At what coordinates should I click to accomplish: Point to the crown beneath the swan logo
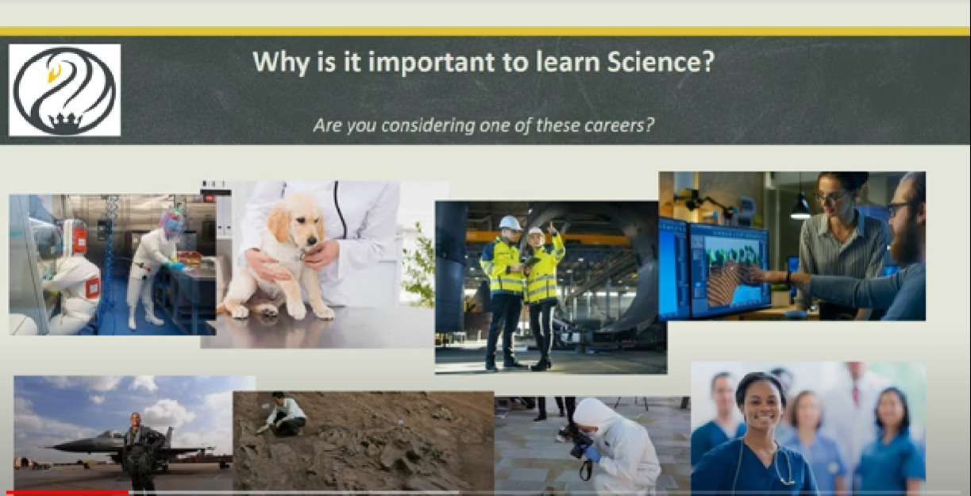65,122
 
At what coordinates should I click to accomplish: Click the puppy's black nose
312,240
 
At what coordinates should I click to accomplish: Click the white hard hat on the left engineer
510,223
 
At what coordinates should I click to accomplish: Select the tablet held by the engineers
530,261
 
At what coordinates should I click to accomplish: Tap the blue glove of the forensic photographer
591,455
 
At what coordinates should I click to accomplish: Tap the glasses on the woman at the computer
831,197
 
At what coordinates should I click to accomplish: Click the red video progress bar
67,493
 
